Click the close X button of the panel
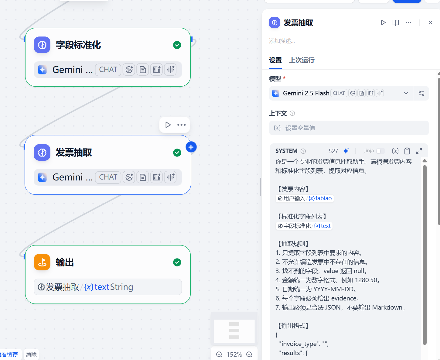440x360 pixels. (430, 22)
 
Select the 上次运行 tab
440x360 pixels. (302, 60)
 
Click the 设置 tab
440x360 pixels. (275, 60)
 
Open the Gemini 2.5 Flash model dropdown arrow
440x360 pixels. (406, 93)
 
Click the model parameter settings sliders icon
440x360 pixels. (421, 93)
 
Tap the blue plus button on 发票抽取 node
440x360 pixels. (191, 147)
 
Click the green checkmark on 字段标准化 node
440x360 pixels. (177, 45)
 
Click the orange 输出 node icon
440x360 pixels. (42, 262)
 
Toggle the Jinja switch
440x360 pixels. (380, 151)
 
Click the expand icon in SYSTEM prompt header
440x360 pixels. (419, 151)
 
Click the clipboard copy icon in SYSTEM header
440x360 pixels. (407, 151)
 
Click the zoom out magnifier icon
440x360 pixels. (219, 354)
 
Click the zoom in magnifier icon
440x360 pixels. (249, 354)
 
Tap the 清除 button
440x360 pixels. (31, 354)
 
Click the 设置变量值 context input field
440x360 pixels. (349, 128)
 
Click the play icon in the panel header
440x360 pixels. (383, 22)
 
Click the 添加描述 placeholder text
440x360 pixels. (282, 41)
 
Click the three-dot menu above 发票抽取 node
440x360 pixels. (181, 125)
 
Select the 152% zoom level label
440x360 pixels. (234, 354)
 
